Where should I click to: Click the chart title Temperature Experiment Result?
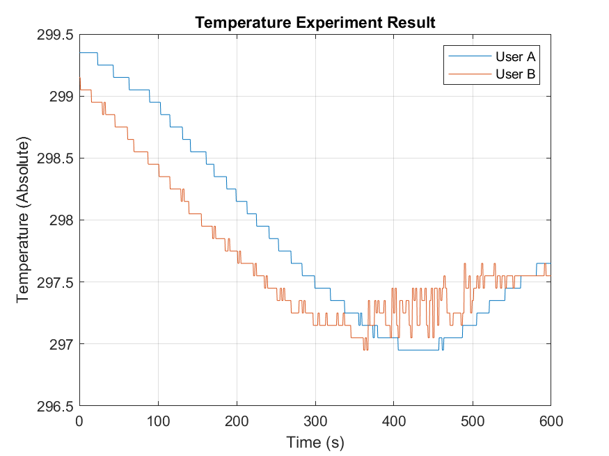click(x=315, y=22)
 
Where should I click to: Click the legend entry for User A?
click(x=514, y=57)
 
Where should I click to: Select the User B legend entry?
click(x=514, y=74)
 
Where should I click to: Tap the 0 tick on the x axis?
click(x=79, y=421)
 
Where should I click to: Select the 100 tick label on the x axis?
click(x=158, y=421)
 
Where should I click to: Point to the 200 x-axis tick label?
click(x=237, y=421)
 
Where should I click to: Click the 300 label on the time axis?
click(x=315, y=421)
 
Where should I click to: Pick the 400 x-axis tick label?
click(x=393, y=421)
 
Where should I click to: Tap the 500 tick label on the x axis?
click(x=472, y=421)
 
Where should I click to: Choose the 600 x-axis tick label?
click(x=551, y=421)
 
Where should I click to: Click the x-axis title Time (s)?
click(x=315, y=442)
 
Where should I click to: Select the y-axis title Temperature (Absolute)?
click(x=24, y=220)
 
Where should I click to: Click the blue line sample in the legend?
click(x=468, y=57)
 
